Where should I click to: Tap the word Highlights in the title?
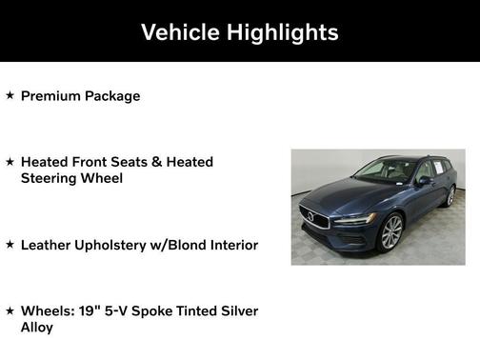[x=283, y=32]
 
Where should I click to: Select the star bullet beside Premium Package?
[x=10, y=95]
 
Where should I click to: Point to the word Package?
[x=112, y=96]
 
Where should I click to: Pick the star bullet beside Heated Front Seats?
[x=10, y=162]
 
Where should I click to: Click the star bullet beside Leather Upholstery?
[x=10, y=245]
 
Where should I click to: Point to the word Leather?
[x=46, y=245]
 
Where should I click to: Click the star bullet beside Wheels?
[x=10, y=310]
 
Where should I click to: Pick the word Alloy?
[x=37, y=327]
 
